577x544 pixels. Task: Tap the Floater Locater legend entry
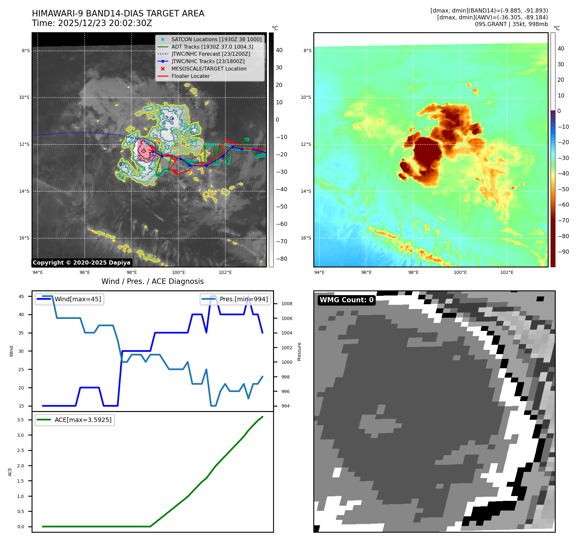[x=190, y=76]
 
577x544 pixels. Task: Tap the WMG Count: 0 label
[x=346, y=300]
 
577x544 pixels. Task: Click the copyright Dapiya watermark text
[x=81, y=263]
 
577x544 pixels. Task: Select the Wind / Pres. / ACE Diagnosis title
[x=152, y=281]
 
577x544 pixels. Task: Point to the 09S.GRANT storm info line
[x=511, y=24]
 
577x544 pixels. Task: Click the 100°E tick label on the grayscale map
[x=178, y=272]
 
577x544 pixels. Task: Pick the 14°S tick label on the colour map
[x=306, y=191]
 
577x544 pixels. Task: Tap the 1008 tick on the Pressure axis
[x=287, y=304]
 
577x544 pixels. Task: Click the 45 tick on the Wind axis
[x=21, y=296]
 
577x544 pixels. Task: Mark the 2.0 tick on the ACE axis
[x=21, y=466]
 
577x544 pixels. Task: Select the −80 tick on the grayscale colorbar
[x=281, y=259]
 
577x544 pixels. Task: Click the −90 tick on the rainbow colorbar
[x=563, y=252]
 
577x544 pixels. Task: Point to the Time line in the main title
[x=92, y=23]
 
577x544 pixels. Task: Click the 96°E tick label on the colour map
[x=366, y=272]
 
